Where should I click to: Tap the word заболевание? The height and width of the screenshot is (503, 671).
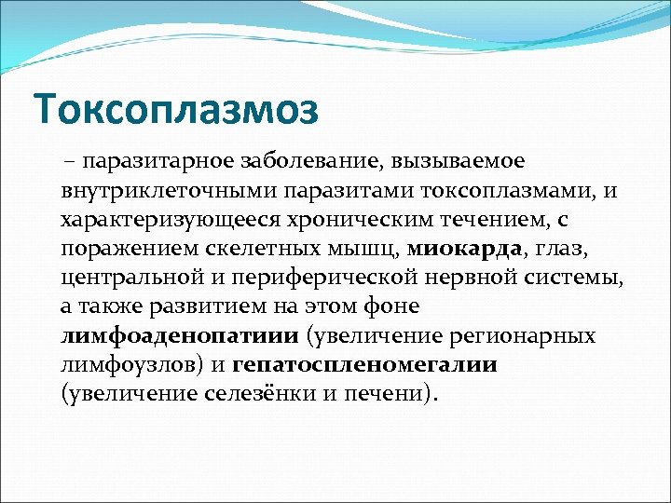291,162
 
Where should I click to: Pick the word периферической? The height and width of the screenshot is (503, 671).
306,278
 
